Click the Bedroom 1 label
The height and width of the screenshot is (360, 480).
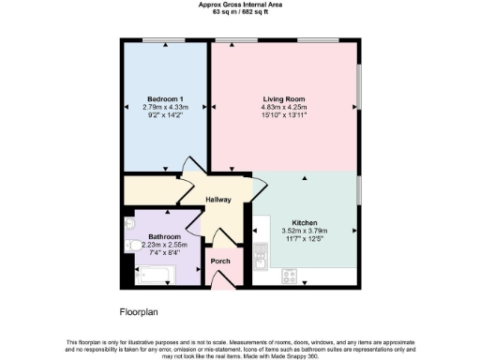(x=165, y=98)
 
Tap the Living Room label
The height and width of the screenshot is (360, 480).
(x=283, y=98)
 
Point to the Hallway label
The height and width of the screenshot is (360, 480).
(x=218, y=200)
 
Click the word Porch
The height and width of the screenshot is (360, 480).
(x=220, y=261)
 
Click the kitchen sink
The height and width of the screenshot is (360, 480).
(x=260, y=252)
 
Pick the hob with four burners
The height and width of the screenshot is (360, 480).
(x=291, y=277)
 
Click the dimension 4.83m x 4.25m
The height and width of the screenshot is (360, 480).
(x=283, y=108)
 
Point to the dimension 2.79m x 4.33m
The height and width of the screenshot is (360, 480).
(x=165, y=108)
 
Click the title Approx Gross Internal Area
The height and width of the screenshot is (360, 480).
(x=239, y=5)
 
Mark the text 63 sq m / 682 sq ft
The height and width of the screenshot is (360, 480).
(x=239, y=13)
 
